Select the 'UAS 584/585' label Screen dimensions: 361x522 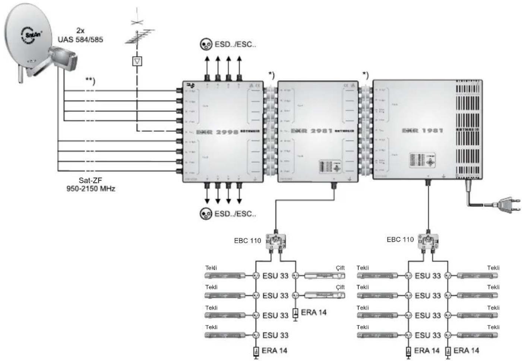pyautogui.click(x=80, y=39)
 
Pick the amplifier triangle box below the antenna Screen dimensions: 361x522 pyautogui.click(x=137, y=61)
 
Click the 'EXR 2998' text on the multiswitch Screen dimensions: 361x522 pyautogui.click(x=217, y=132)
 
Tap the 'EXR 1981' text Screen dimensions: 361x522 pyautogui.click(x=423, y=131)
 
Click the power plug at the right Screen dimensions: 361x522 pyautogui.click(x=504, y=204)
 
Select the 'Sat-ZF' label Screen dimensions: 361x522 pyautogui.click(x=91, y=181)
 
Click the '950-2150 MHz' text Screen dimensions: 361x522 pyautogui.click(x=91, y=189)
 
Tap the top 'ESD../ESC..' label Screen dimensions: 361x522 pyautogui.click(x=235, y=44)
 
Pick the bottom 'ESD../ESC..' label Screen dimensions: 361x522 pyautogui.click(x=235, y=214)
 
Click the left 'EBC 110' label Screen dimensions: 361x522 pyautogui.click(x=247, y=241)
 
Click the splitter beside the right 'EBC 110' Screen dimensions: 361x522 pyautogui.click(x=428, y=242)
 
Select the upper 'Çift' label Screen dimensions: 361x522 pyautogui.click(x=340, y=268)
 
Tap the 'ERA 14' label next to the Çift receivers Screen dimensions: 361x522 pyautogui.click(x=313, y=312)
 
